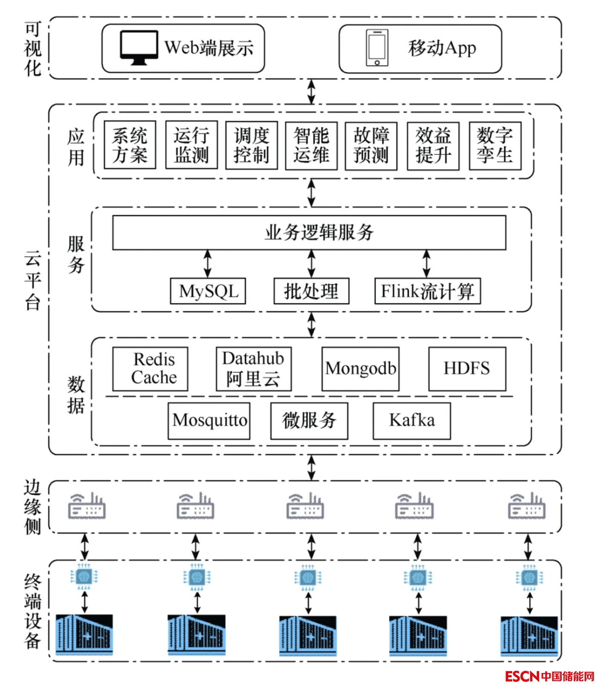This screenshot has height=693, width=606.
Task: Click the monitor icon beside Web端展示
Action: (x=139, y=47)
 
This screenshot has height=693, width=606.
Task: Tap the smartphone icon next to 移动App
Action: (x=377, y=48)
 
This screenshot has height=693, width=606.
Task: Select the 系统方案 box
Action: (x=130, y=145)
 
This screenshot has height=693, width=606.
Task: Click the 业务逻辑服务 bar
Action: (x=309, y=233)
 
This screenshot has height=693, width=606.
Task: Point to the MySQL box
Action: (x=208, y=291)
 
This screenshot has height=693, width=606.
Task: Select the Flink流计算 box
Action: (x=428, y=291)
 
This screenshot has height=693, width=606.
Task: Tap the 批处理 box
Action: (x=311, y=291)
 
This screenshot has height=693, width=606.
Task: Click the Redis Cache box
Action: (x=150, y=369)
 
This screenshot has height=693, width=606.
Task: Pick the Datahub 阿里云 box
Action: (x=254, y=369)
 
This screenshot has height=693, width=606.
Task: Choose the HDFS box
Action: (x=467, y=369)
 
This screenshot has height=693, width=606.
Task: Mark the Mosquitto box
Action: (x=209, y=421)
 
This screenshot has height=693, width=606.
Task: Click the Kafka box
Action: (x=412, y=421)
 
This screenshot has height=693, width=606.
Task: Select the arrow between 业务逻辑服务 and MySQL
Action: (x=207, y=264)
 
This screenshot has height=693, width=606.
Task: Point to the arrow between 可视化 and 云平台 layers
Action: (x=312, y=91)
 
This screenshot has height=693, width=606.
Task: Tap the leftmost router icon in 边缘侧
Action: (x=87, y=506)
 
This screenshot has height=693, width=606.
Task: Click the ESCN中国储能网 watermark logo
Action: (x=549, y=676)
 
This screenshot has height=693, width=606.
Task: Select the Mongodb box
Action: (x=361, y=369)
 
